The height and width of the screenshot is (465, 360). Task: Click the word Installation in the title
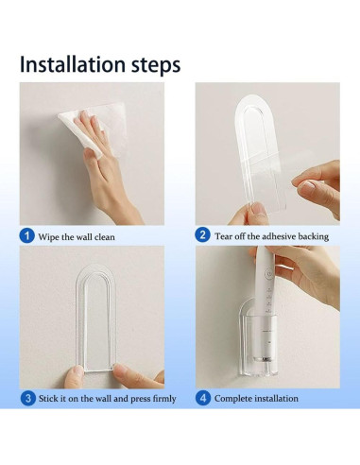point(73,64)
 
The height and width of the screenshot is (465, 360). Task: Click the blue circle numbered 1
point(26,235)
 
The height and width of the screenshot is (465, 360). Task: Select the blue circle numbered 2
point(202,235)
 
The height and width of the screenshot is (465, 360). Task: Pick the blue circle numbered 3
point(28,398)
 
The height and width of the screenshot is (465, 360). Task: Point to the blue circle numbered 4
point(203,398)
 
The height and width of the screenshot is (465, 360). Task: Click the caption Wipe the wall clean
point(77,237)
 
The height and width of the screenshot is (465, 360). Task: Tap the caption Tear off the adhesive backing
point(271,236)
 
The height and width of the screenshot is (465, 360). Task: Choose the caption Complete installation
point(256,399)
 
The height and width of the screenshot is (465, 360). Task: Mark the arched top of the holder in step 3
point(95,273)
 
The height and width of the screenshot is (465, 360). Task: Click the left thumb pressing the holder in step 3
point(74,376)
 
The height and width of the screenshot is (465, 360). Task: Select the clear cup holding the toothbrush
point(258,338)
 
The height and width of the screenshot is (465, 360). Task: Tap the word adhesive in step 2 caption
point(279,236)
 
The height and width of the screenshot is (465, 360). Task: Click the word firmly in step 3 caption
point(164,399)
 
